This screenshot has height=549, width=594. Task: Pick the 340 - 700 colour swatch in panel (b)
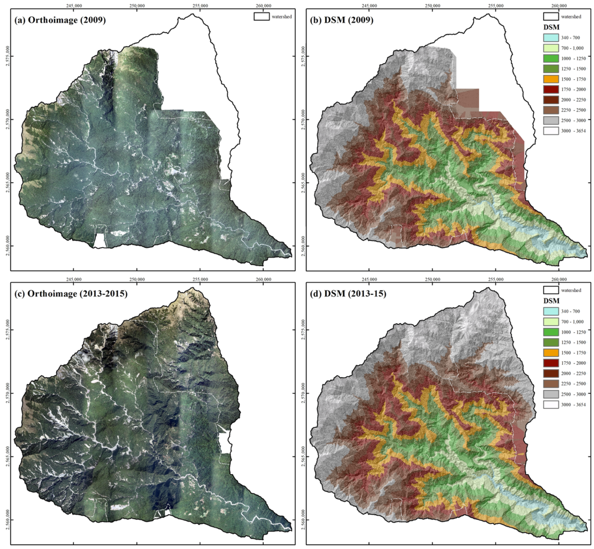click(551, 38)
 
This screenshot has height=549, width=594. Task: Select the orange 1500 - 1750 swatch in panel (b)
click(551, 79)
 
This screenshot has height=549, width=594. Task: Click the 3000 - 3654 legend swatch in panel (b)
click(551, 131)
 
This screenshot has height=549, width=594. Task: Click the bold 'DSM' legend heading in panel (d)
click(551, 301)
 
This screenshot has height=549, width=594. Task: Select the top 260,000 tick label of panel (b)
click(559, 6)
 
